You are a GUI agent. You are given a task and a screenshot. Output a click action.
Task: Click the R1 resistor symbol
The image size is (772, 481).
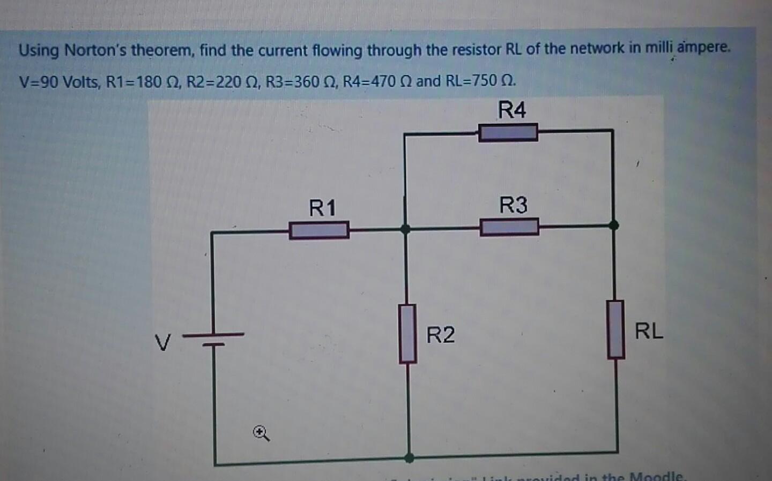[319, 230]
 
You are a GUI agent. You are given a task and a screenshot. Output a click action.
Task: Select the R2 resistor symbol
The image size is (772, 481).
[408, 334]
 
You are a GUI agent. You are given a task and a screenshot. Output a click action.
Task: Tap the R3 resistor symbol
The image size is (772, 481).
[509, 227]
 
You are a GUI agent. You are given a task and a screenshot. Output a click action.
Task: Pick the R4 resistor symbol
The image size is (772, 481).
[508, 132]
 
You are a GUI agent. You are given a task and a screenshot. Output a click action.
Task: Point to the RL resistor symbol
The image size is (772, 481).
[615, 329]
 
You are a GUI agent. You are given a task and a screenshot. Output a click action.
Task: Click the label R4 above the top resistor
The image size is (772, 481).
[512, 110]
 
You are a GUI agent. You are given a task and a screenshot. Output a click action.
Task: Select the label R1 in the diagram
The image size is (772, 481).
[323, 207]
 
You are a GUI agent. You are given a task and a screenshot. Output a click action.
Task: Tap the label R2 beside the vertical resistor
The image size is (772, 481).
[440, 335]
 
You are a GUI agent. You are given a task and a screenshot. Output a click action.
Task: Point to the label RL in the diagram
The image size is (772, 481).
[649, 331]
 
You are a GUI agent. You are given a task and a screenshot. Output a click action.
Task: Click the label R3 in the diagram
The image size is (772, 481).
[513, 205]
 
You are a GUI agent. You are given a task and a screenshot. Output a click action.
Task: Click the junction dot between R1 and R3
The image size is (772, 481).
[406, 229]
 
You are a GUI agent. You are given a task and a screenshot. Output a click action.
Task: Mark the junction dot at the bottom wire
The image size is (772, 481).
[409, 457]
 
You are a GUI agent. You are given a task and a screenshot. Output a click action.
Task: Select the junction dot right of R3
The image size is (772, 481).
[614, 226]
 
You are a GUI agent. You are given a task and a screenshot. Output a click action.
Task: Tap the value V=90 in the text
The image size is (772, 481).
[40, 82]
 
